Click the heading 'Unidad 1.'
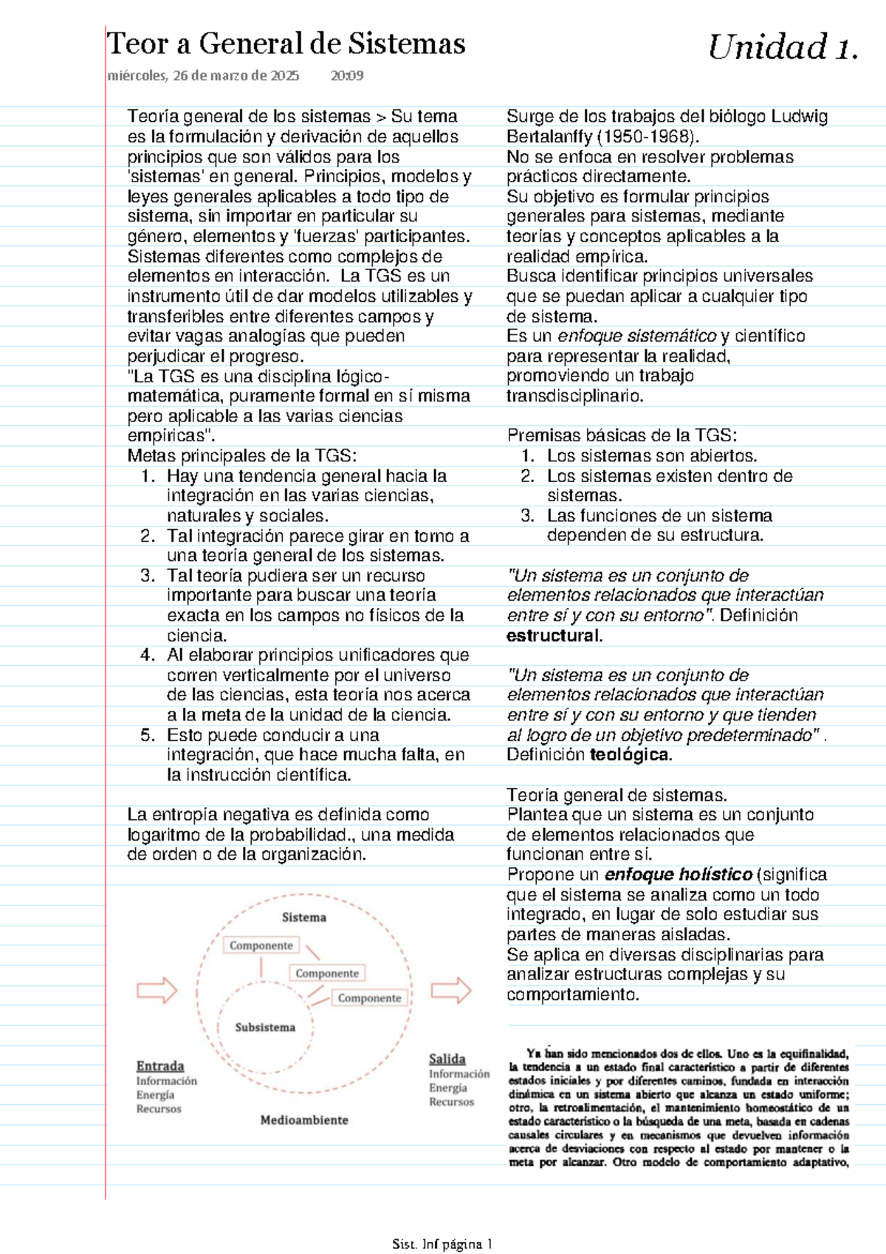pyautogui.click(x=783, y=48)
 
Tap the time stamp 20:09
pyautogui.click(x=347, y=75)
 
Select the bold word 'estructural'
pyautogui.click(x=554, y=635)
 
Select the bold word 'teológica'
pyautogui.click(x=630, y=755)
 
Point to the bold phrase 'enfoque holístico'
pyautogui.click(x=678, y=875)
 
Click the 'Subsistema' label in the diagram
pyautogui.click(x=265, y=1027)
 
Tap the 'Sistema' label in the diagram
pyautogui.click(x=303, y=917)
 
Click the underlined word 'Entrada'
pyautogui.click(x=160, y=1066)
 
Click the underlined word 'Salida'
pyautogui.click(x=447, y=1059)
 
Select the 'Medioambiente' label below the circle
pyautogui.click(x=304, y=1120)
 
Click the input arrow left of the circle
pyautogui.click(x=157, y=990)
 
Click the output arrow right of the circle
pyautogui.click(x=451, y=990)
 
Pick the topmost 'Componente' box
pyautogui.click(x=261, y=945)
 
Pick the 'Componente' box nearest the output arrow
pyautogui.click(x=369, y=998)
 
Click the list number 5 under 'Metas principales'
pyautogui.click(x=147, y=735)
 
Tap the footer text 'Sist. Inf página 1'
pyautogui.click(x=442, y=1244)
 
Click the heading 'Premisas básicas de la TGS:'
pyautogui.click(x=622, y=435)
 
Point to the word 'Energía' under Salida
pyautogui.click(x=448, y=1088)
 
